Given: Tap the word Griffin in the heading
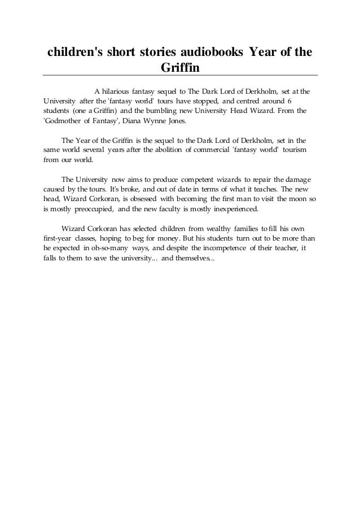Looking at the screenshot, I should [180, 68].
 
